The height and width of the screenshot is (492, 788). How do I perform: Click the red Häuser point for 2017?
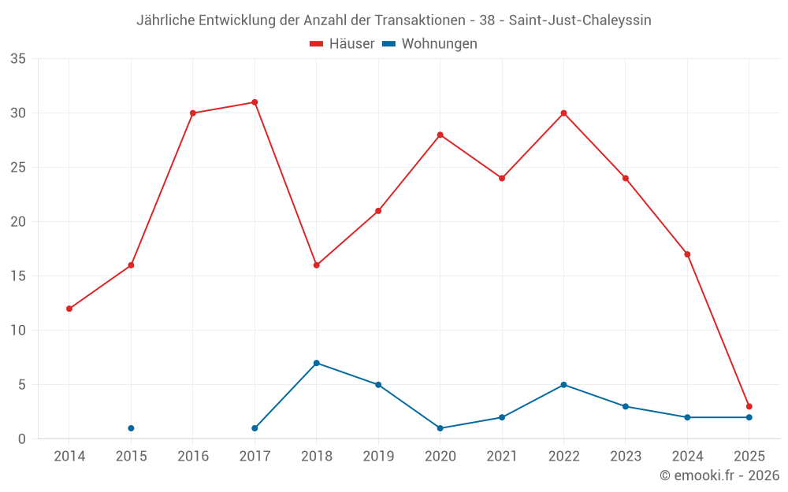tap(255, 102)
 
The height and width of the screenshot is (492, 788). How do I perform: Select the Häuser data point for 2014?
tap(69, 309)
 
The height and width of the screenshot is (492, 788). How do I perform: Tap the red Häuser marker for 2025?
tap(749, 406)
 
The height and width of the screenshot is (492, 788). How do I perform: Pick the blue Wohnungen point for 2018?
tap(316, 363)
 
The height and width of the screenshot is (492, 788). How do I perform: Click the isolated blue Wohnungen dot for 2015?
tap(131, 428)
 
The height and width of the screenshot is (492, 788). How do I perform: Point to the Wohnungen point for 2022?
tap(563, 385)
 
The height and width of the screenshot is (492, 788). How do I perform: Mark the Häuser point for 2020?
tap(440, 135)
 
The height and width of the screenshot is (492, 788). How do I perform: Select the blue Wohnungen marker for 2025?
tap(749, 417)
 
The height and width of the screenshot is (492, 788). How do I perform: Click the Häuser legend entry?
tap(342, 44)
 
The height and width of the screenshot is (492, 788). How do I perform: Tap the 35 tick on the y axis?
tap(18, 59)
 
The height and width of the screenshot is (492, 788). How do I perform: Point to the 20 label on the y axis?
tap(18, 222)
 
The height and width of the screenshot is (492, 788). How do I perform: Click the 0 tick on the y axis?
tap(22, 439)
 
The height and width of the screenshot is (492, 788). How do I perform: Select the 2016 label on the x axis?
tap(193, 457)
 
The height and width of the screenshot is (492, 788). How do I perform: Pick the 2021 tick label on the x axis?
tap(502, 457)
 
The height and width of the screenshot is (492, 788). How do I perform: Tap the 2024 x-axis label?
tap(687, 457)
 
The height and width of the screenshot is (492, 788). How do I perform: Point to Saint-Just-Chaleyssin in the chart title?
tap(580, 20)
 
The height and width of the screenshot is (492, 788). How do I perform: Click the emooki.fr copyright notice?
tap(719, 475)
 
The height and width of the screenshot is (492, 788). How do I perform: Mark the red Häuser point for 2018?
tap(316, 265)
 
